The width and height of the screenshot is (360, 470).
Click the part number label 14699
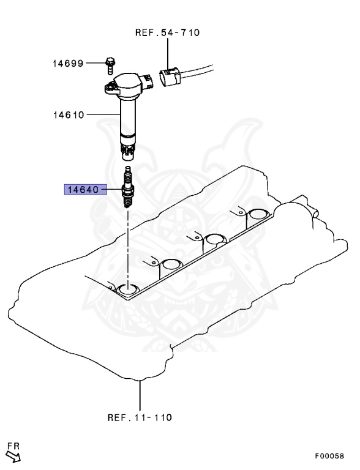(x=68, y=64)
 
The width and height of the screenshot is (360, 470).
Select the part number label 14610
(x=69, y=115)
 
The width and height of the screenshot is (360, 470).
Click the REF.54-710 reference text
(x=167, y=32)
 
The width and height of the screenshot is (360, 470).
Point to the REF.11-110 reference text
(x=140, y=417)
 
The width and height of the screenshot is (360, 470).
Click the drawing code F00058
(x=329, y=456)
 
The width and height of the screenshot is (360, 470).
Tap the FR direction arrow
(x=13, y=456)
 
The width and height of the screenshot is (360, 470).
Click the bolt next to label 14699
(x=110, y=65)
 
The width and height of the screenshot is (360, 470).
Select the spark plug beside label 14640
(x=127, y=187)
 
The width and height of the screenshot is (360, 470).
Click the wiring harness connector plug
(x=170, y=76)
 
